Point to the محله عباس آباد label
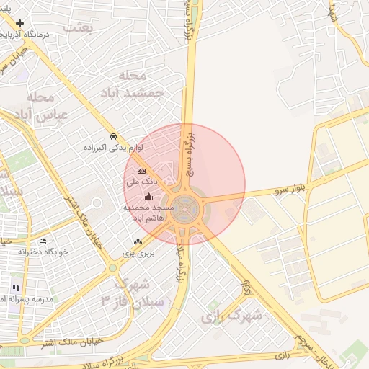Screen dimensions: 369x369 tap(41, 105)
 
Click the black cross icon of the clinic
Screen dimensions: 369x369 tap(21, 24)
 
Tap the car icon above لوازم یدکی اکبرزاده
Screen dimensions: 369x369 tap(113, 136)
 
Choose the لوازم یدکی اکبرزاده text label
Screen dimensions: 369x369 tap(112, 147)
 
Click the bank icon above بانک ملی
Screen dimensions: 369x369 tap(141, 171)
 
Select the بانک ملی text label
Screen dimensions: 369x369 tap(140, 183)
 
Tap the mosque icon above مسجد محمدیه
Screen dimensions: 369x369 tap(149, 197)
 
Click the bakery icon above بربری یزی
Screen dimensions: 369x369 tap(138, 241)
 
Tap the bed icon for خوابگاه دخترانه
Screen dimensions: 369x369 tap(43, 241)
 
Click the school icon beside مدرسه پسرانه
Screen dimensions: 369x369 tap(15, 288)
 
